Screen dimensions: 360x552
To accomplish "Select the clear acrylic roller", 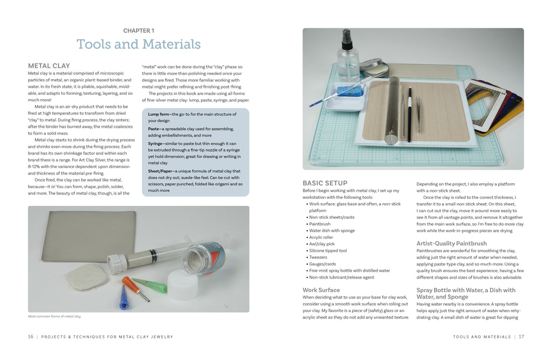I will click(x=393, y=110).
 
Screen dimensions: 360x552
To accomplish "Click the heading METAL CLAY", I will click(x=49, y=66).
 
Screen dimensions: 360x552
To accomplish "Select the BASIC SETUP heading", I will click(x=325, y=183).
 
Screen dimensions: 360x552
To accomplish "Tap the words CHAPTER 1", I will click(x=139, y=31).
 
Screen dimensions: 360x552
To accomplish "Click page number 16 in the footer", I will click(x=30, y=337).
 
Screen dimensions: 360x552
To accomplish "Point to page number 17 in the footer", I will click(x=521, y=337).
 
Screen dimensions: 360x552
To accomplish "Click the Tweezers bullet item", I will click(x=318, y=258).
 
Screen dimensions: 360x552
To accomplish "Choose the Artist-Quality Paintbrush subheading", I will click(x=451, y=244).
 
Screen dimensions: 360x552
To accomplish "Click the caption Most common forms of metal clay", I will click(x=54, y=316).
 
